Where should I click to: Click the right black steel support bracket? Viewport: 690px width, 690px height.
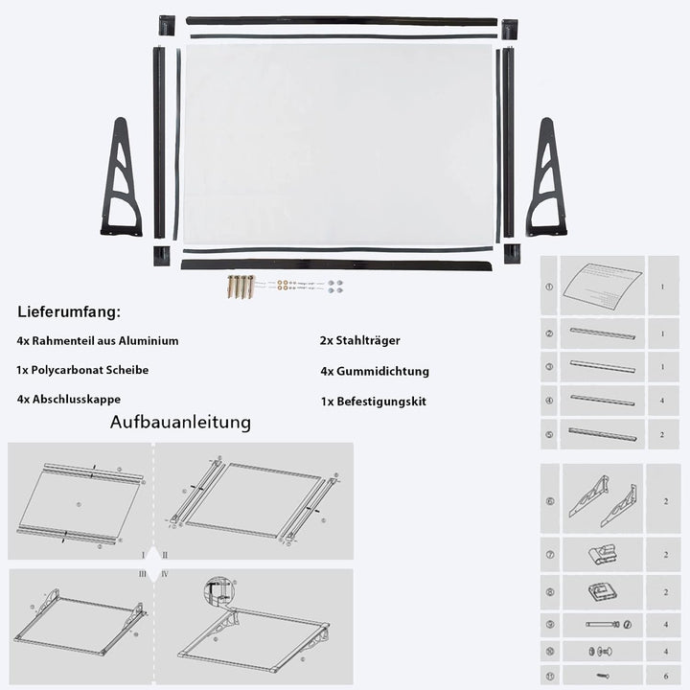546,182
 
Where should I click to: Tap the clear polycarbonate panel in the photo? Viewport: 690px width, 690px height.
339,144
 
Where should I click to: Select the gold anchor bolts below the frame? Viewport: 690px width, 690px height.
241,287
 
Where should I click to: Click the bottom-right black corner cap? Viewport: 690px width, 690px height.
512,254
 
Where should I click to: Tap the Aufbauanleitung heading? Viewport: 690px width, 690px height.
180,423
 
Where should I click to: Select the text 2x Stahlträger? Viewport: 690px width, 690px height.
360,340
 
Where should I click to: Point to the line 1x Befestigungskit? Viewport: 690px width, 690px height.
374,402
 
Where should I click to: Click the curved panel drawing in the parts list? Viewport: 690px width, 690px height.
602,285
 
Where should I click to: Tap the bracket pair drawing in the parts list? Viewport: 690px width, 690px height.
602,499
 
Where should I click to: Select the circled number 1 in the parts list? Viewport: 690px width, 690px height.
549,286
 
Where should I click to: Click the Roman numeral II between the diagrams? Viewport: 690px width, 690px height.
165,555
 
